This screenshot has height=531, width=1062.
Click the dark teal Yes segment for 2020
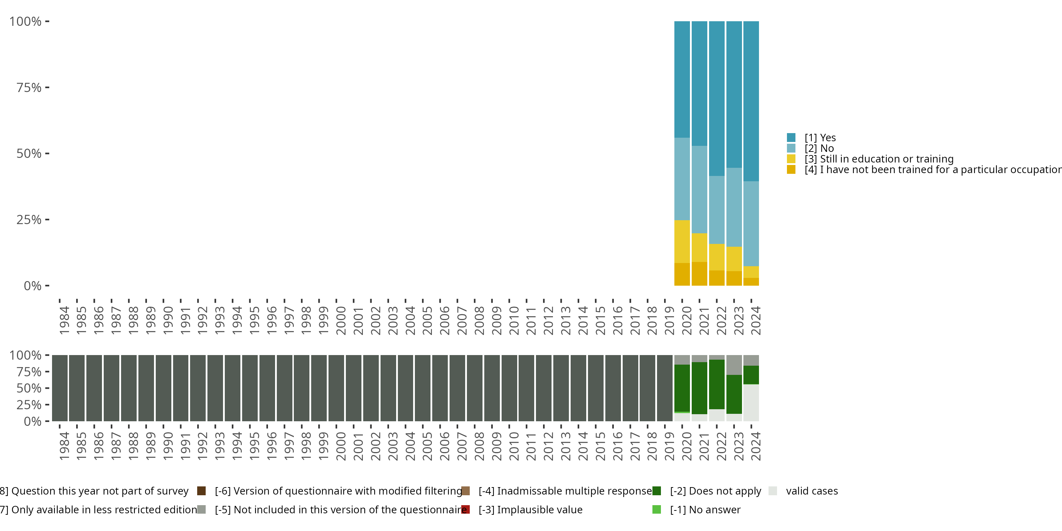tap(682, 79)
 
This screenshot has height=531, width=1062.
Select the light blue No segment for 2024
tap(751, 223)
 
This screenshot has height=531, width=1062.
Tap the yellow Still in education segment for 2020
tap(682, 241)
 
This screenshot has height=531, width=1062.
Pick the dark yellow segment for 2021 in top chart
tap(699, 273)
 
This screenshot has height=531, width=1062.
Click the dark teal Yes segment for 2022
tap(716, 98)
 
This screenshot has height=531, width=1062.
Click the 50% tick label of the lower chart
tap(29, 388)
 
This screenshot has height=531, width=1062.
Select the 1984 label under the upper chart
tap(64, 320)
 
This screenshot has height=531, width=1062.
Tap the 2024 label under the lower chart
tap(755, 446)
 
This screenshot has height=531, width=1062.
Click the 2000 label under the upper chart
tap(341, 320)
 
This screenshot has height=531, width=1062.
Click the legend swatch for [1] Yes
tap(791, 138)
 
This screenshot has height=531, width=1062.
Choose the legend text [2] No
tap(819, 148)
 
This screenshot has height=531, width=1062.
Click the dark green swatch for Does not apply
tap(657, 491)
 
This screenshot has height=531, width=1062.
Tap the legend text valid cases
tap(811, 491)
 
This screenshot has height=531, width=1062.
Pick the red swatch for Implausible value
tap(466, 509)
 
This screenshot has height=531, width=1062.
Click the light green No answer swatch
tap(657, 509)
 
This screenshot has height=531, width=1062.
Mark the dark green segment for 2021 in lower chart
tap(699, 388)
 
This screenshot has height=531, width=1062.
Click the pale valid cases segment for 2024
tap(751, 402)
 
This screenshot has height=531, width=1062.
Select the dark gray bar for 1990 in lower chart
tap(163, 388)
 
